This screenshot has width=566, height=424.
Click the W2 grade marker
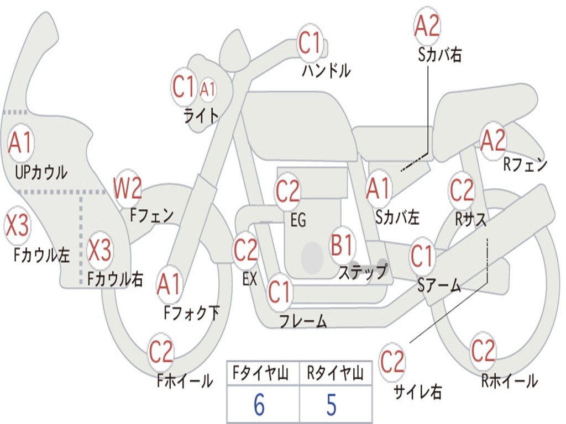pos(128,188)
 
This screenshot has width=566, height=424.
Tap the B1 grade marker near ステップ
pos(341,245)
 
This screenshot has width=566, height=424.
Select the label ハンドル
pos(326,70)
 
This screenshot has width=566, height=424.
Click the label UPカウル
pos(41,172)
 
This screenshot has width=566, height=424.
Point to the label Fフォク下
pos(191,312)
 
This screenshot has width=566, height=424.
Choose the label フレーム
pos(303,321)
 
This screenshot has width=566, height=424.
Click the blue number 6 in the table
pos(259,405)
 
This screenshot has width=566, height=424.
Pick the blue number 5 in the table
pos(332,405)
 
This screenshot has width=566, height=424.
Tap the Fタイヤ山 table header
pos(261,373)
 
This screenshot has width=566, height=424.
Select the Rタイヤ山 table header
pos(336,373)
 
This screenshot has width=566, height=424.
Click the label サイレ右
pos(418,391)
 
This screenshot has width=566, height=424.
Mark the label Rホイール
pos(509,381)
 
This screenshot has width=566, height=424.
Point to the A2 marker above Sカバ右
pos(427,26)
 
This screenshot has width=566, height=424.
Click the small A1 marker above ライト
pos(208,89)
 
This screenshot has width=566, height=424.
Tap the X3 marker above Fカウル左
pos(17,225)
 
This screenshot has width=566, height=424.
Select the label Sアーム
pos(439,285)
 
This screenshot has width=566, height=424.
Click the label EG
pos(298,220)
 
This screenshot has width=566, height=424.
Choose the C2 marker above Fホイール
pos(161,351)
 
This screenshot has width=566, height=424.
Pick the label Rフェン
pos(525,165)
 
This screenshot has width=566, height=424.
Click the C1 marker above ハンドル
pos(310,43)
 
